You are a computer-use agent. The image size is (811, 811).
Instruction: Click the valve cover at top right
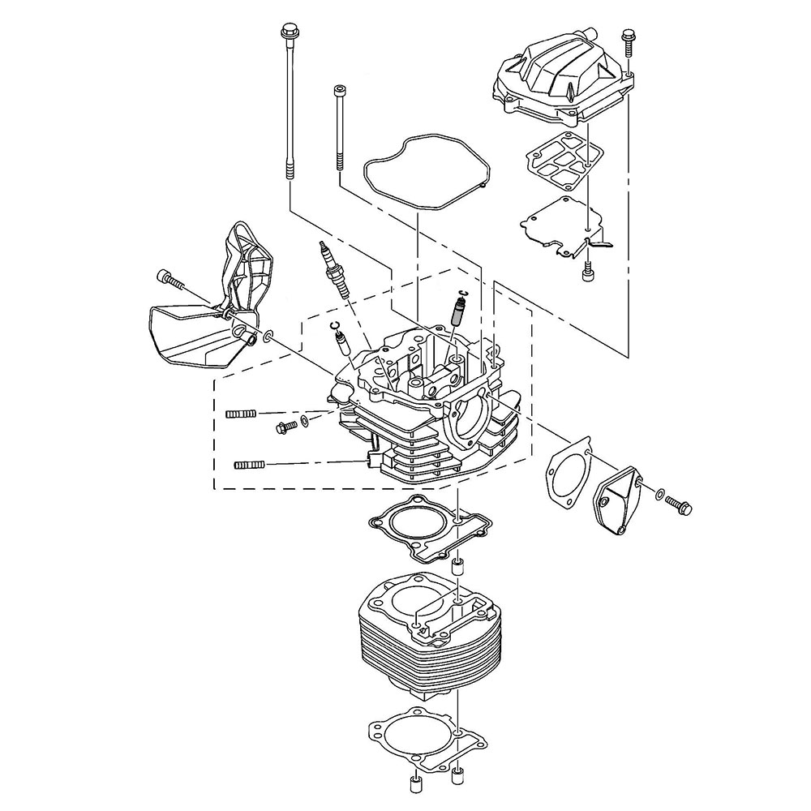pos(560,77)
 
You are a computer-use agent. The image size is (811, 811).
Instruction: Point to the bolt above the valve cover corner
pos(627,49)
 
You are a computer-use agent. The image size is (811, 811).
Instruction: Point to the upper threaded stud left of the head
pos(240,414)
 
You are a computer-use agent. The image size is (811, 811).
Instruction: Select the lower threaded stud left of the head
pos(250,465)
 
